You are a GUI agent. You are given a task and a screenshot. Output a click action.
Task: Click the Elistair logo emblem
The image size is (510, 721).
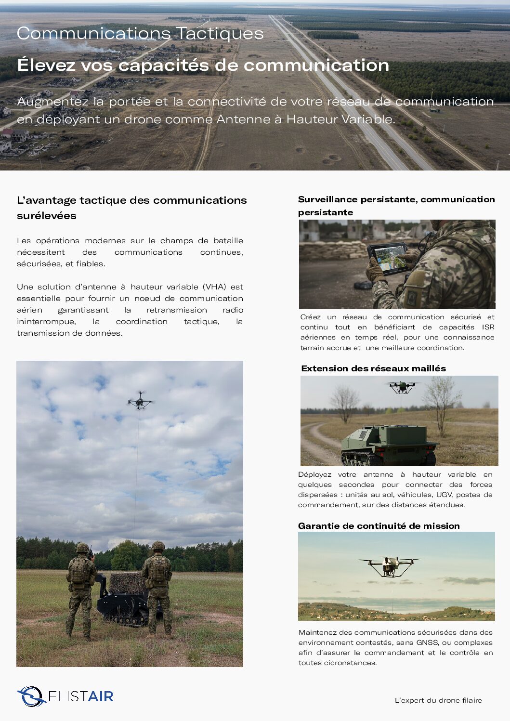tap(31, 696)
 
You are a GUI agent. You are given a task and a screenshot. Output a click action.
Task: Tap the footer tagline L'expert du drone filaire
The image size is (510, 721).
tap(438, 700)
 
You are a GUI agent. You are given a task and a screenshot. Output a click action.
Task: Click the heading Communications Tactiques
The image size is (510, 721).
tap(140, 34)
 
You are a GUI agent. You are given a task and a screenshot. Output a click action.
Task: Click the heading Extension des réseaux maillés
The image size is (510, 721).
tap(373, 368)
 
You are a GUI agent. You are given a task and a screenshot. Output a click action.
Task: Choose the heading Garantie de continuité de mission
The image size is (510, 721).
tap(379, 526)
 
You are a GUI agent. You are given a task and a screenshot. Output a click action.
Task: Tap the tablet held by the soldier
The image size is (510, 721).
tap(387, 258)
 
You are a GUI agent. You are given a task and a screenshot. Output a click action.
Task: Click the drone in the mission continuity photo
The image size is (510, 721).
tap(390, 565)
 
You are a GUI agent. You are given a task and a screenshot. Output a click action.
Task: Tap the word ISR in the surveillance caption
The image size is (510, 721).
tap(488, 327)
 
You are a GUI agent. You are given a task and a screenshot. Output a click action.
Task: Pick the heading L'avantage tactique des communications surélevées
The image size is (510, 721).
tap(131, 208)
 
